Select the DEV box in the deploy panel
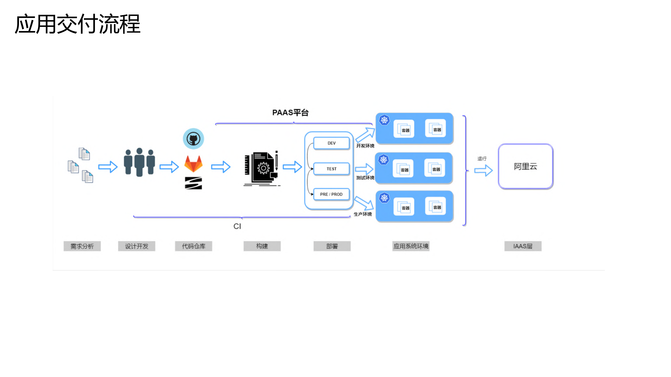(331, 143)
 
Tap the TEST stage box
(331, 169)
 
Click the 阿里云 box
(525, 166)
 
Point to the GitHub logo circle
(193, 139)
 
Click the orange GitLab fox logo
(193, 164)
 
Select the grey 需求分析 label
(82, 246)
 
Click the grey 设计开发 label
(136, 246)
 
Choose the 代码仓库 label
(193, 246)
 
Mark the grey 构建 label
(262, 246)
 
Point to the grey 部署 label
(332, 246)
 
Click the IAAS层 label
(523, 246)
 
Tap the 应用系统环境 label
(411, 246)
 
